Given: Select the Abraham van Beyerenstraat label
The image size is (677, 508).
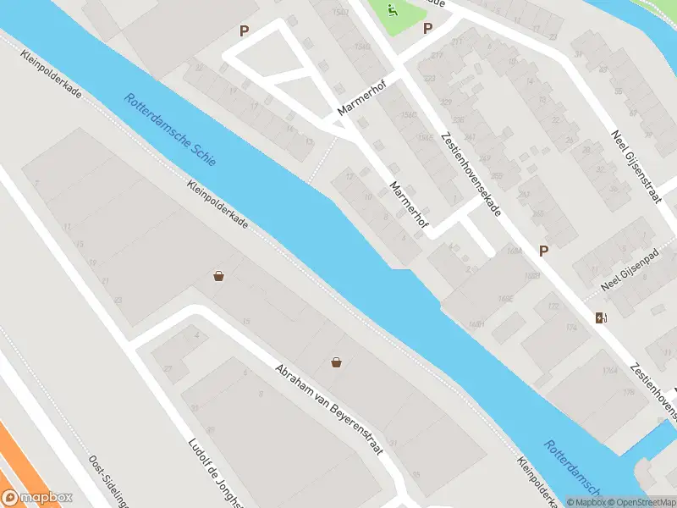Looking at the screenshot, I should [x=328, y=411].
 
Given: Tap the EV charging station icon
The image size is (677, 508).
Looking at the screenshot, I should [x=601, y=318].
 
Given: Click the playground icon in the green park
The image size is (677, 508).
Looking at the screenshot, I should [x=393, y=11].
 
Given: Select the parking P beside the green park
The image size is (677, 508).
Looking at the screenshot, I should [x=427, y=29].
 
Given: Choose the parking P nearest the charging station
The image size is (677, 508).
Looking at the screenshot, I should [x=544, y=251].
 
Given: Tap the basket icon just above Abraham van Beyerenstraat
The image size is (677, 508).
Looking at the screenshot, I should [x=337, y=362].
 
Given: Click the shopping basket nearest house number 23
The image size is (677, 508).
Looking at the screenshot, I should [x=219, y=275].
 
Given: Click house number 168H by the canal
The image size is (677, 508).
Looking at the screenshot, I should [x=478, y=323].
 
